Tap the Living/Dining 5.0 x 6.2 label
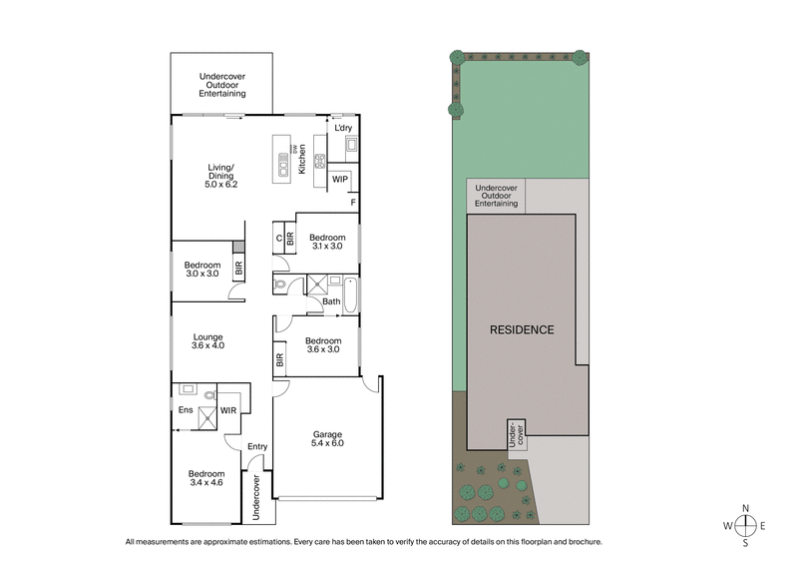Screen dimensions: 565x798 tap(220, 177)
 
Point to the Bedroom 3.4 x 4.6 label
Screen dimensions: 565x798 tap(207, 478)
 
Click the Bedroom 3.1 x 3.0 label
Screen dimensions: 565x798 tap(327, 241)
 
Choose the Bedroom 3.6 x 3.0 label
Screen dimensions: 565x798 tap(323, 345)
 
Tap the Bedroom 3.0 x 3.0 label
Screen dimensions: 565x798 tap(201, 269)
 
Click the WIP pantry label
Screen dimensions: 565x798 tap(340, 181)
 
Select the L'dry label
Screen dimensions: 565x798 tap(343, 129)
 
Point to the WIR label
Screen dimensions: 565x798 tap(228, 409)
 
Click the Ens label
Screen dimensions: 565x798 tap(185, 409)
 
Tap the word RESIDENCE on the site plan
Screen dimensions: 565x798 tap(521, 329)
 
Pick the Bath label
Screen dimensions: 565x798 tap(331, 301)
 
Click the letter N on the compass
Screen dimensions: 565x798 tap(744, 507)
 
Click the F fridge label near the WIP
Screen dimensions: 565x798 tap(352, 203)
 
